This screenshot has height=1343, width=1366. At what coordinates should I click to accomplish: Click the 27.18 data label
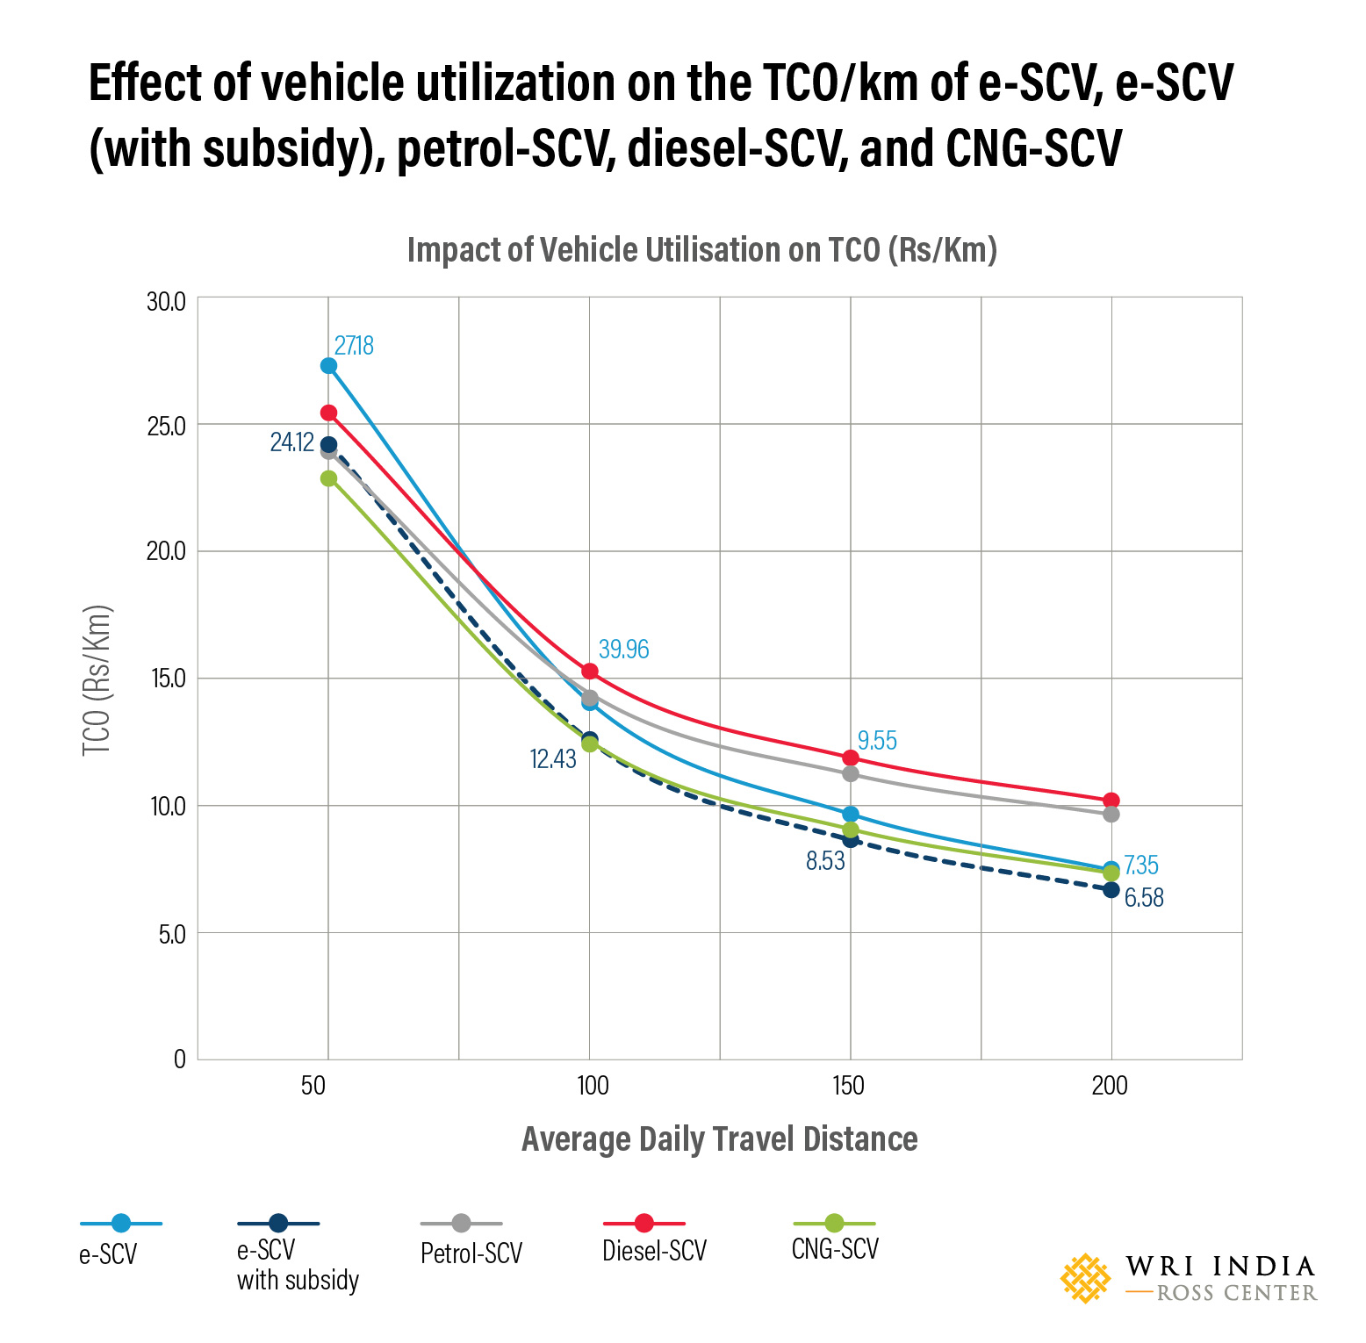click(x=354, y=346)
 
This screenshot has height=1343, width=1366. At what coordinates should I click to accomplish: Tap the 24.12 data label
click(x=291, y=442)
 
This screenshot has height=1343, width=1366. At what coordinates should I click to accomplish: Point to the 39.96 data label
click(x=623, y=650)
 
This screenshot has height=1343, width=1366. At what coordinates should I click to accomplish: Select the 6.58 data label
click(x=1144, y=898)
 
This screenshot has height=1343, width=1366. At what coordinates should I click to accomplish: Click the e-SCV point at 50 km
click(x=328, y=366)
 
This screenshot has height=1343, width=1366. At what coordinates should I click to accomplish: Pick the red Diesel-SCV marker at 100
click(x=590, y=671)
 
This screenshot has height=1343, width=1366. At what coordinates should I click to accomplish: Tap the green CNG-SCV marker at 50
click(x=328, y=478)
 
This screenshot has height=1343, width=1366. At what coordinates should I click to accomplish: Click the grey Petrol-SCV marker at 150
click(x=851, y=773)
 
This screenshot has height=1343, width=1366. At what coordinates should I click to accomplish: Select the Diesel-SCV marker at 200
click(x=1111, y=801)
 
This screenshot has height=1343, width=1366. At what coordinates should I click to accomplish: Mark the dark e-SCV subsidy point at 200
click(x=1111, y=890)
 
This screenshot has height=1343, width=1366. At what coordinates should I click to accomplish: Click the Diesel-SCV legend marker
click(x=643, y=1223)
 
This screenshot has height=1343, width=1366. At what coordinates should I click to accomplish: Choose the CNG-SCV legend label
click(x=834, y=1249)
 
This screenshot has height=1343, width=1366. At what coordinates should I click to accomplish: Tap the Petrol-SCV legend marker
click(x=461, y=1223)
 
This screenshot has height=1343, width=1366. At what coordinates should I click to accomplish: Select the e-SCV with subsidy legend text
click(x=297, y=1265)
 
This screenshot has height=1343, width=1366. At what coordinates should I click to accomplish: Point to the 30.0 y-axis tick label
click(x=166, y=302)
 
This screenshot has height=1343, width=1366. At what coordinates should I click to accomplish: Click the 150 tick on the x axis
click(x=848, y=1086)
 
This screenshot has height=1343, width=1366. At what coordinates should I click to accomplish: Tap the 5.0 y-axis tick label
click(x=171, y=934)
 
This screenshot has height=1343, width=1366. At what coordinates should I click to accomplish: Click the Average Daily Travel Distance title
click(x=719, y=1139)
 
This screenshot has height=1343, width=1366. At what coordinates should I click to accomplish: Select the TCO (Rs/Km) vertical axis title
click(x=97, y=680)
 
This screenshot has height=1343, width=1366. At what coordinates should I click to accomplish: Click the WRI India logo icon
click(x=1085, y=1278)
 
